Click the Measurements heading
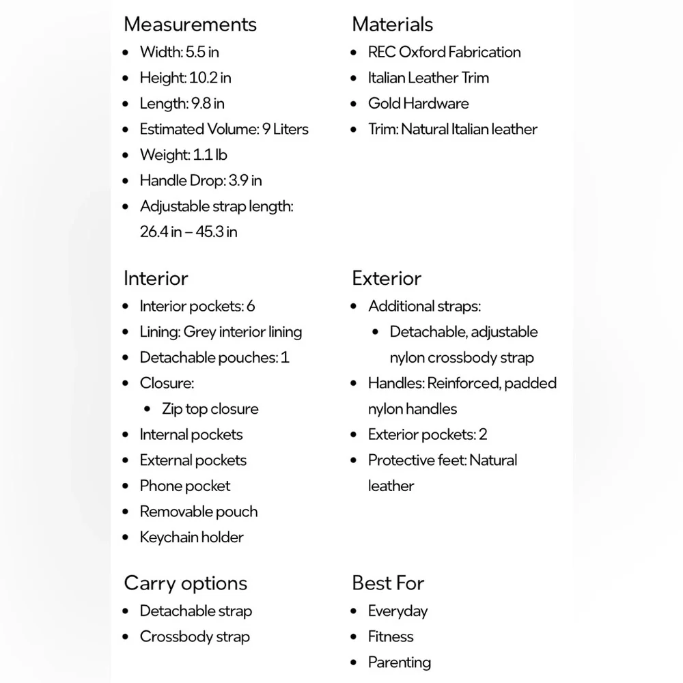pos(190,25)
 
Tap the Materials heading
pos(392,25)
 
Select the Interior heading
pos(156,279)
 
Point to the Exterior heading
pos(387,279)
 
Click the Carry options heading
pos(185,583)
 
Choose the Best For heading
pos(388,583)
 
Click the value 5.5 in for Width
pos(202,52)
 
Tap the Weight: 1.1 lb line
pos(183,155)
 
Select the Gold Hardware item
pos(418,104)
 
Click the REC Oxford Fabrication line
pos(444,52)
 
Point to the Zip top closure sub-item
pos(210,409)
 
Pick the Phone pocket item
pos(185,486)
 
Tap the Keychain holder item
pos(191,538)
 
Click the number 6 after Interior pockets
pos(251,307)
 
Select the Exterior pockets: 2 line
pos(427,435)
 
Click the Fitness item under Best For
pos(391,637)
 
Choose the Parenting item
pos(399,663)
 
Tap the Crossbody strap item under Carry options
pos(195,637)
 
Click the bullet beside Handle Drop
pos(125,181)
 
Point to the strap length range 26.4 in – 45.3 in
pos(189,232)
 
